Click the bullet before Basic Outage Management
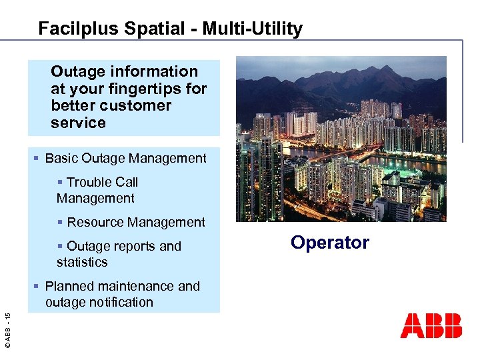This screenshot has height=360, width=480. tap(37, 159)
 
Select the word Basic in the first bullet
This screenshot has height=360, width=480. tap(61, 159)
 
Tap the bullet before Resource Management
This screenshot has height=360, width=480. tap(61, 222)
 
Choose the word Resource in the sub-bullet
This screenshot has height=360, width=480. tap(95, 222)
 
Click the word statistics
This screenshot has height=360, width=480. tap(82, 262)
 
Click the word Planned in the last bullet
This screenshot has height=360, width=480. tap(70, 286)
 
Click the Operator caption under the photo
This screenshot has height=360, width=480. tap(329, 243)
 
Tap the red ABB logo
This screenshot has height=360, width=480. tap(431, 326)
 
